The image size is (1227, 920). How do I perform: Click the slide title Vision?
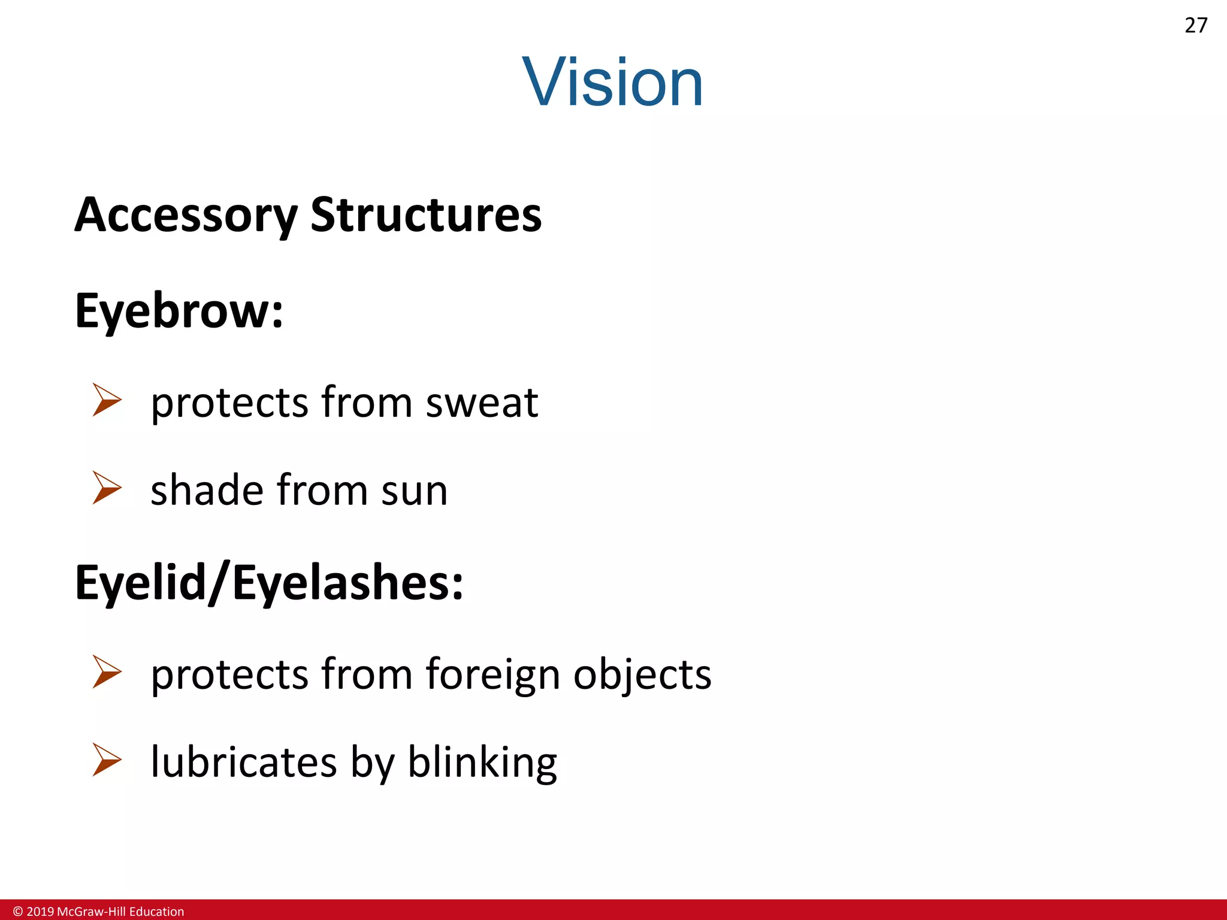(x=612, y=82)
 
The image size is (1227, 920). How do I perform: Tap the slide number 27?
(x=1196, y=26)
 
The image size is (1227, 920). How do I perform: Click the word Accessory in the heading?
(x=186, y=215)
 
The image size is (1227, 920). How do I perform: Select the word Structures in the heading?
(x=426, y=214)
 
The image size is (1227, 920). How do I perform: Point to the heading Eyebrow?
(x=179, y=311)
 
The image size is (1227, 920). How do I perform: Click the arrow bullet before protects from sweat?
(x=107, y=400)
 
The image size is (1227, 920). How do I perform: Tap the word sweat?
(x=482, y=402)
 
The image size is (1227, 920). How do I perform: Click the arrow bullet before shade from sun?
(x=107, y=488)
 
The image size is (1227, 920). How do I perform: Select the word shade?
(x=207, y=490)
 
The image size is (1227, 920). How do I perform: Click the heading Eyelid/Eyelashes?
(x=269, y=583)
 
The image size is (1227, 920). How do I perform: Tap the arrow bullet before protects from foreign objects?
(x=107, y=671)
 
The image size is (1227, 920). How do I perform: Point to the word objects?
(x=642, y=674)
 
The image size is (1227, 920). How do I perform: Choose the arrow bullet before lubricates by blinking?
(x=107, y=759)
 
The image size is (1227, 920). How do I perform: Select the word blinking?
(x=482, y=763)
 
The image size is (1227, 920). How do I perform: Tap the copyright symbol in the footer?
(x=18, y=912)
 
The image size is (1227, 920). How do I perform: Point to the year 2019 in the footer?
(x=40, y=912)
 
